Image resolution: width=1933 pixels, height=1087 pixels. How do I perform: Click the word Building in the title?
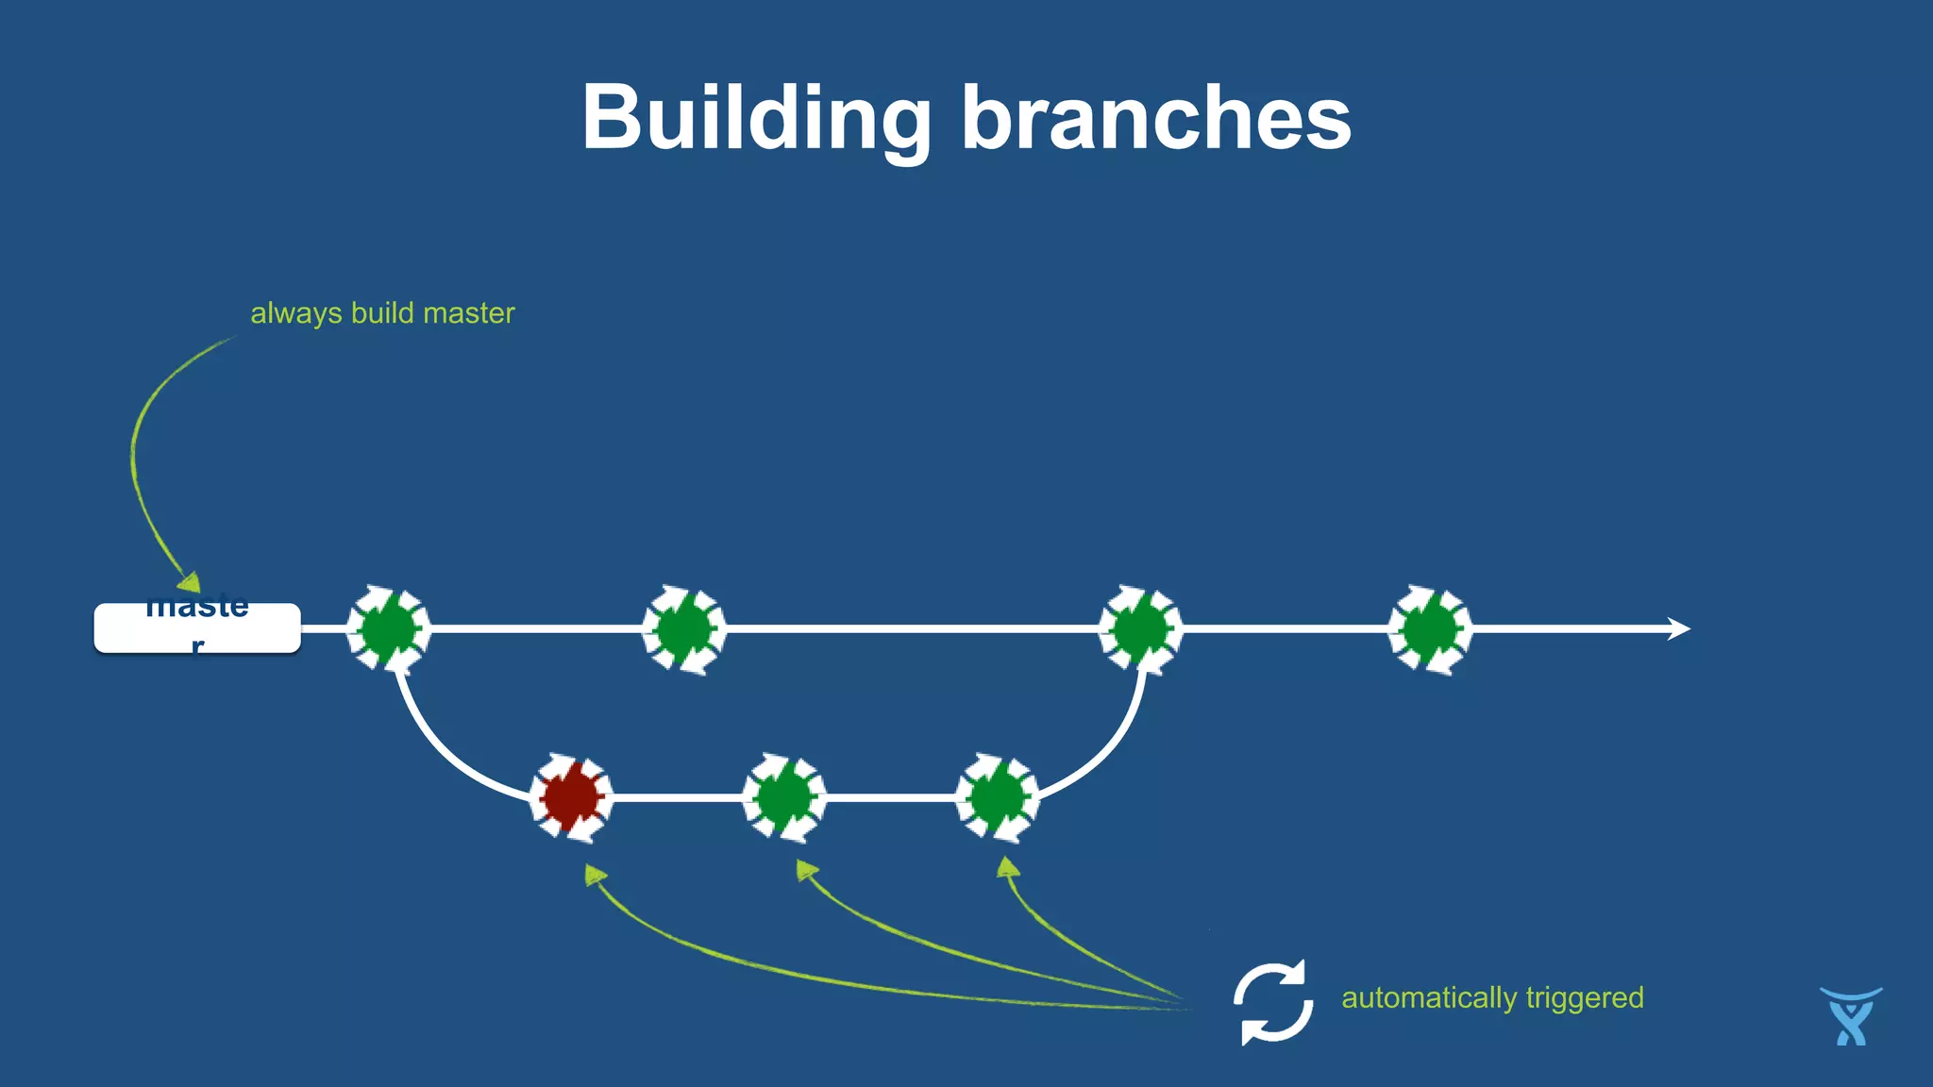756,118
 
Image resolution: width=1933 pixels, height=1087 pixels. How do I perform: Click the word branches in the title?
1156,118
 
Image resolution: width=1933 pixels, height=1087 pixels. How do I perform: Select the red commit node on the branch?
571,798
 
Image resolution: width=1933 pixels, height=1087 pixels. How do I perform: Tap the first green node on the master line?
388,628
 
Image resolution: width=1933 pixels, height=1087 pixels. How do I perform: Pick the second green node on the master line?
684,628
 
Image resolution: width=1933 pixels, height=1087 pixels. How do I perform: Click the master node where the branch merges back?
1140,628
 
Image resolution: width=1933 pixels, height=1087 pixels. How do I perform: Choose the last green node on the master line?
1429,628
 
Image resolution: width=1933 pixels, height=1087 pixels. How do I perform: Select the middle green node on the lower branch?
784,798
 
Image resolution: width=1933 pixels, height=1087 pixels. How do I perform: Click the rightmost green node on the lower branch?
998,798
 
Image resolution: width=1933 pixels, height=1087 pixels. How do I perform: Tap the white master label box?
197,628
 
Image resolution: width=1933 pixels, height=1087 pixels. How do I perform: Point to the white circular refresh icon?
1273,1003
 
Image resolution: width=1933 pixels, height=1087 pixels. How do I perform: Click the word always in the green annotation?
295,313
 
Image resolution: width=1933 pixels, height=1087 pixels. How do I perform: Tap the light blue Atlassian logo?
1851,1016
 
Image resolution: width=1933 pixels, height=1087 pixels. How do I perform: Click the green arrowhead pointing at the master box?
190,581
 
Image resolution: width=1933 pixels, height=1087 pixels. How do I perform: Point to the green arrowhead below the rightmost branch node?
1008,867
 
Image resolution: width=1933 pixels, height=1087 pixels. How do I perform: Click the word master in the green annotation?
468,313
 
